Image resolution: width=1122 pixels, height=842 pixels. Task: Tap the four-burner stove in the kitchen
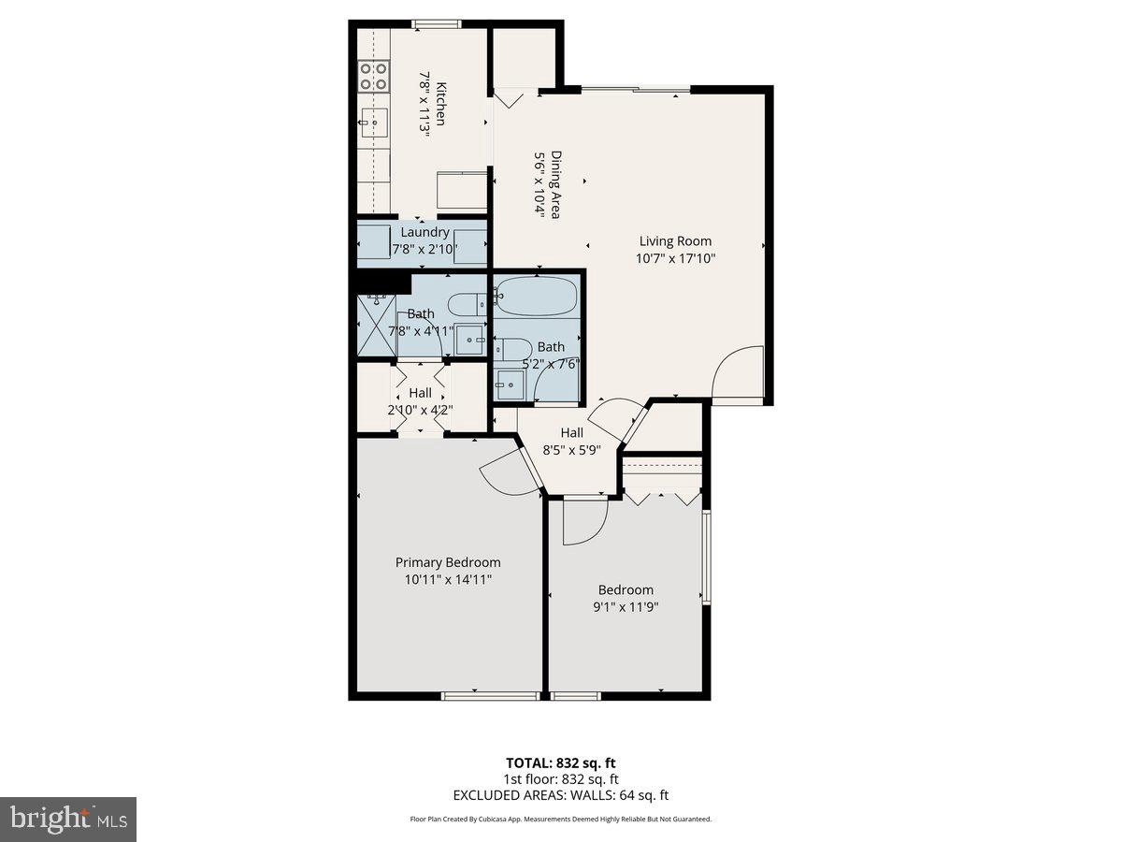click(374, 75)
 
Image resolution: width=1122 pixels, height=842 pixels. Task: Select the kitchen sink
click(375, 121)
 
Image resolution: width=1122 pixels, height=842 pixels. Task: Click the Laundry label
click(424, 232)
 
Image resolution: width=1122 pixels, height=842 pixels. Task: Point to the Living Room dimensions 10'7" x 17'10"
click(675, 259)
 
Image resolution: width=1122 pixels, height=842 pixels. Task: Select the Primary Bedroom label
click(447, 562)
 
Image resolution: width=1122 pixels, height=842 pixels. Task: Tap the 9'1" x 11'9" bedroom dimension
click(626, 607)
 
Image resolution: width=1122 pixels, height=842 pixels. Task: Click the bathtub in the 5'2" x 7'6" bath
click(537, 297)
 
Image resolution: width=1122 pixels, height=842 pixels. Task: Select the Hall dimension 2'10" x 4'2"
click(420, 410)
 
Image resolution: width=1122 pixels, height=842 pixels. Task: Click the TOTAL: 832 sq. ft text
click(560, 762)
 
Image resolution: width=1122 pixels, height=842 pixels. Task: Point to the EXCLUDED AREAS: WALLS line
click(560, 795)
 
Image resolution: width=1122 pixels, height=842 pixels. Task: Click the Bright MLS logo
click(68, 820)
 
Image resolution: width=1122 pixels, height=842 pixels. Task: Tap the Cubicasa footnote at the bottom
click(560, 819)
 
